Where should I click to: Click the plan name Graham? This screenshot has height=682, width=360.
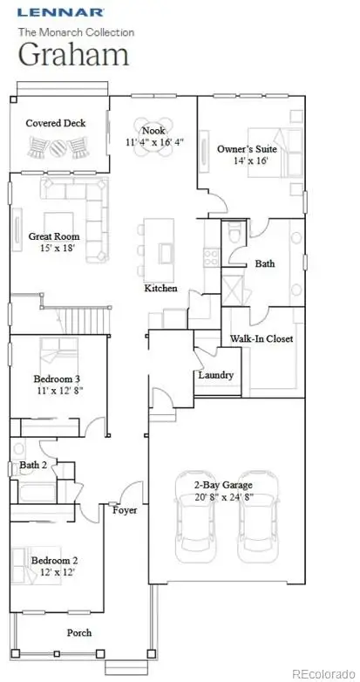pyautogui.click(x=74, y=54)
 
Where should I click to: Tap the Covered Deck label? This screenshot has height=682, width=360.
pyautogui.click(x=56, y=124)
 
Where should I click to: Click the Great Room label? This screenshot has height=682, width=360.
pyautogui.click(x=54, y=236)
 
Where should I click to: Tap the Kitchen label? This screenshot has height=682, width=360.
pyautogui.click(x=160, y=289)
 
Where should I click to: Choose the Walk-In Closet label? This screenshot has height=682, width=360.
pyautogui.click(x=261, y=338)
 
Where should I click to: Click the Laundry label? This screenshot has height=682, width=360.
pyautogui.click(x=215, y=375)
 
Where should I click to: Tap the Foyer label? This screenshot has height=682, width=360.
pyautogui.click(x=125, y=510)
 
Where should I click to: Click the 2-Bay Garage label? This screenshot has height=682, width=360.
pyautogui.click(x=225, y=485)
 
